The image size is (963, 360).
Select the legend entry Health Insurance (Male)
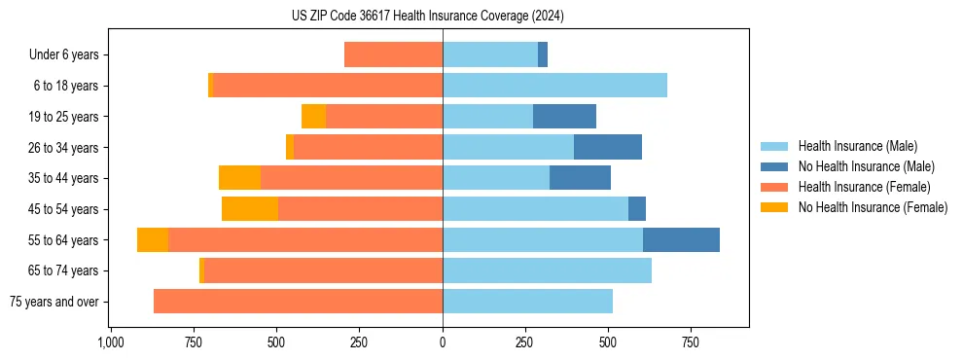(857, 146)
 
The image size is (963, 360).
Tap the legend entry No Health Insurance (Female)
(873, 207)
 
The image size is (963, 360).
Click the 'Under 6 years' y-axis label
(64, 55)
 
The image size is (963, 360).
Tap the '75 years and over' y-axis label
(54, 302)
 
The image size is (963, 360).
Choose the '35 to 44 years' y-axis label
(64, 178)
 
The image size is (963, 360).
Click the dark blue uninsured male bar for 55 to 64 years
(681, 239)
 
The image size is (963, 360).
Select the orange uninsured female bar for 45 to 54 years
(250, 208)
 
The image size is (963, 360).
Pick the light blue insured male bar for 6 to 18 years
(554, 86)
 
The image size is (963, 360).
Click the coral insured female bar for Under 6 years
(393, 55)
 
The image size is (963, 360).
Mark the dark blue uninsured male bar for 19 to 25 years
(564, 117)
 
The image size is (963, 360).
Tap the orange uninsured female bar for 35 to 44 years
(239, 178)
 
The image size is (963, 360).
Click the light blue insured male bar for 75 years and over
(527, 302)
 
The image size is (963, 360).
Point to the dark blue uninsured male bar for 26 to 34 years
(608, 147)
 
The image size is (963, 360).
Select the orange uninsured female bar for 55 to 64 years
(153, 239)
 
